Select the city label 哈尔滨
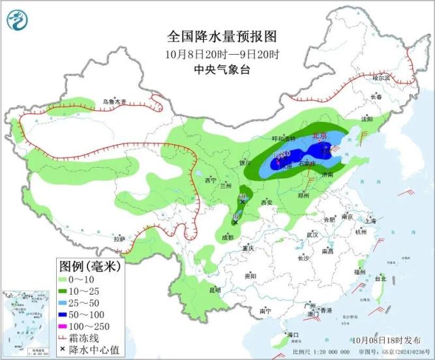[x=380, y=78]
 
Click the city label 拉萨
[x=119, y=239]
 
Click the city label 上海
[x=371, y=221]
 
